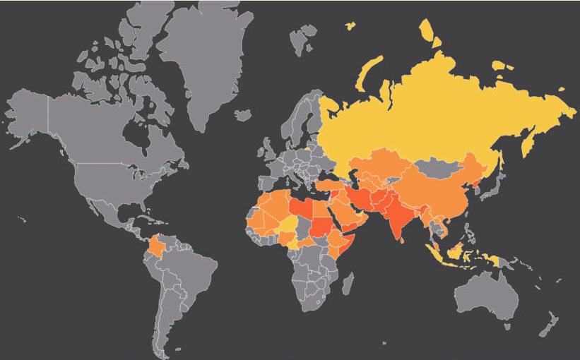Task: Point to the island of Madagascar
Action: pyautogui.click(x=347, y=284)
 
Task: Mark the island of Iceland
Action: pyautogui.click(x=243, y=114)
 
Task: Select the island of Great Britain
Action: pyautogui.click(x=268, y=150)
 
